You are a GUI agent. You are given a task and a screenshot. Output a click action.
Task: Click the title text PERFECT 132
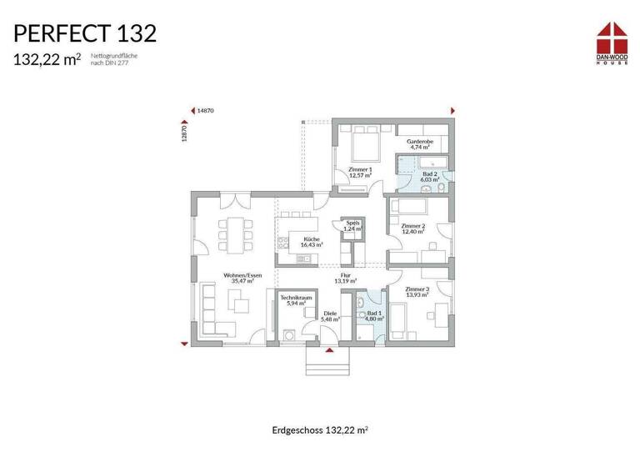(84, 33)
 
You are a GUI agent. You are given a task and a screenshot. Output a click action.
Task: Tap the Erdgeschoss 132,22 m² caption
(320, 430)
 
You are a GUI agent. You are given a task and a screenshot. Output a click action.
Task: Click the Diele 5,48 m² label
(330, 318)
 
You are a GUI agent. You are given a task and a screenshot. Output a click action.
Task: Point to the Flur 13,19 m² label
(344, 278)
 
